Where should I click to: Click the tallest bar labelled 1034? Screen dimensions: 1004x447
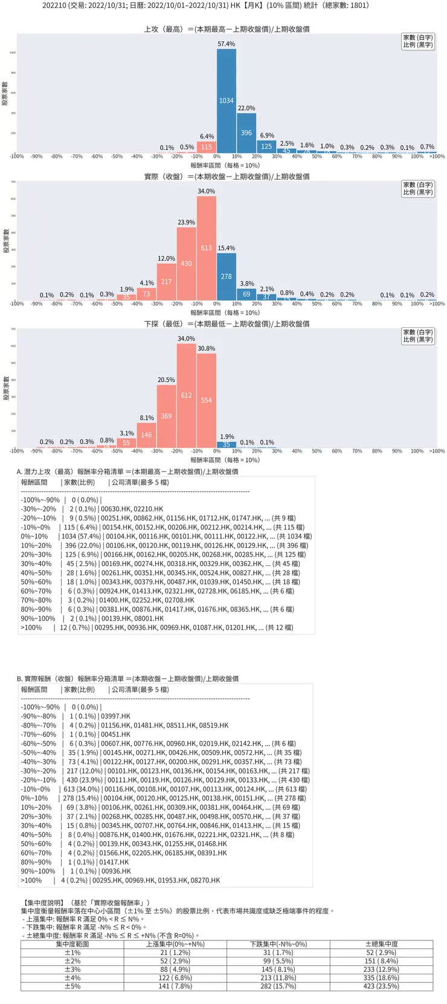coord(227,101)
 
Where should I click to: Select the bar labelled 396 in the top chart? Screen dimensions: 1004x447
coord(246,133)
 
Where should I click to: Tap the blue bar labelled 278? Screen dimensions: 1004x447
coord(227,276)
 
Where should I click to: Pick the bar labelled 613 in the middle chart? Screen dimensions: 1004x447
coord(207,248)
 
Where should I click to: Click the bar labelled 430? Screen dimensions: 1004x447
coord(186,264)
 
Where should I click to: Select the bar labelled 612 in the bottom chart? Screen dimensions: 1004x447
coord(186,396)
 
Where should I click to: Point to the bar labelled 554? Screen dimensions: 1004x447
coord(207,400)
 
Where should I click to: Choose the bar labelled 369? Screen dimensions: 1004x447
coord(166,416)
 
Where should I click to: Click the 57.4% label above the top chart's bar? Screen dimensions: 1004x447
coord(227,44)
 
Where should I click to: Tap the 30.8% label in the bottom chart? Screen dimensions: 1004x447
coord(207,348)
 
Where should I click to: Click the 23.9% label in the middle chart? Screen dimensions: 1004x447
coord(186,223)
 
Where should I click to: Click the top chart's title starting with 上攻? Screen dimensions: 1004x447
coord(227,29)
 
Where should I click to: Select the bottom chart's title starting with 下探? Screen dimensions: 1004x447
coord(227,324)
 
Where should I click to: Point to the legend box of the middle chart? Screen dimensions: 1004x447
coord(418,189)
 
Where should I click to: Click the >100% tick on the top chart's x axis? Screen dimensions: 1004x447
coord(437,157)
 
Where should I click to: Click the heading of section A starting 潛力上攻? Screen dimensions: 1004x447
coord(127,471)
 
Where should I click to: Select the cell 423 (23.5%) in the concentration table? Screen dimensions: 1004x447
coord(382,986)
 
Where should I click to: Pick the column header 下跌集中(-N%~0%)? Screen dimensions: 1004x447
coord(278,944)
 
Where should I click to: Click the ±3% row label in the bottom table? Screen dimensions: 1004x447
coord(72,969)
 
